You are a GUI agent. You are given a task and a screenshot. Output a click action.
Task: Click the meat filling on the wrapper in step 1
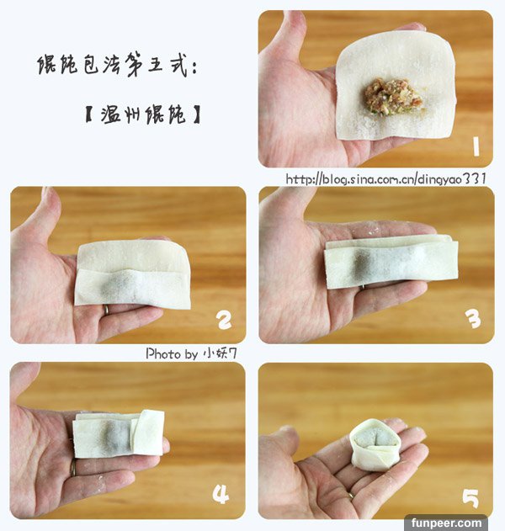coord(393,97)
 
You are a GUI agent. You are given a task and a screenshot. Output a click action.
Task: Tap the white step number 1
coord(476,146)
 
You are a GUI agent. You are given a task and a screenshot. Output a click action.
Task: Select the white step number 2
coord(225,320)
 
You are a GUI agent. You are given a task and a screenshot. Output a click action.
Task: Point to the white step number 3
coord(473,319)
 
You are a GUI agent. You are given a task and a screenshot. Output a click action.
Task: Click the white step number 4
coord(221,494)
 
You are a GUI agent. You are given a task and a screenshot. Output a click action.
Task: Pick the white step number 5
coord(470,498)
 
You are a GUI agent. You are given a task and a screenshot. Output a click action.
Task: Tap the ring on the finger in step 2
coord(106,310)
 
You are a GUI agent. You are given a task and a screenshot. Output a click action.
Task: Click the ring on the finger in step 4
coord(73,468)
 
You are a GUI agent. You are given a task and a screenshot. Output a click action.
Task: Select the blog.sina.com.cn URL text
coord(385,178)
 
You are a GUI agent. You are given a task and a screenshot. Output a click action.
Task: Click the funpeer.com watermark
coord(446,523)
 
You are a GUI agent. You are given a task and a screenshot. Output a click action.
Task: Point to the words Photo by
coord(172,354)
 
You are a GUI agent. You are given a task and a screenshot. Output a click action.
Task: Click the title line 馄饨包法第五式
coord(117,64)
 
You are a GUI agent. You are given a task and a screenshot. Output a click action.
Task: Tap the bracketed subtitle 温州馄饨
coord(143,114)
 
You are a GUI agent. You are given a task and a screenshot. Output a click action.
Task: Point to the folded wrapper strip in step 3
coord(391,262)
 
